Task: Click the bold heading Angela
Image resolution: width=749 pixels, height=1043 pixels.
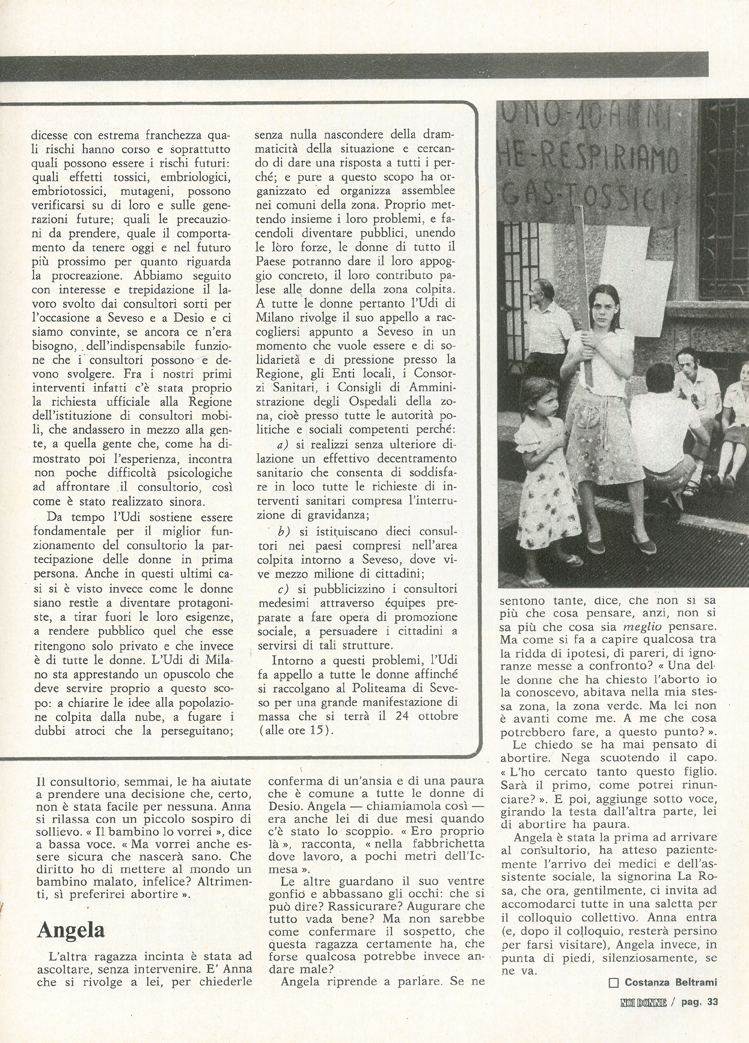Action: pos(71,918)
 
